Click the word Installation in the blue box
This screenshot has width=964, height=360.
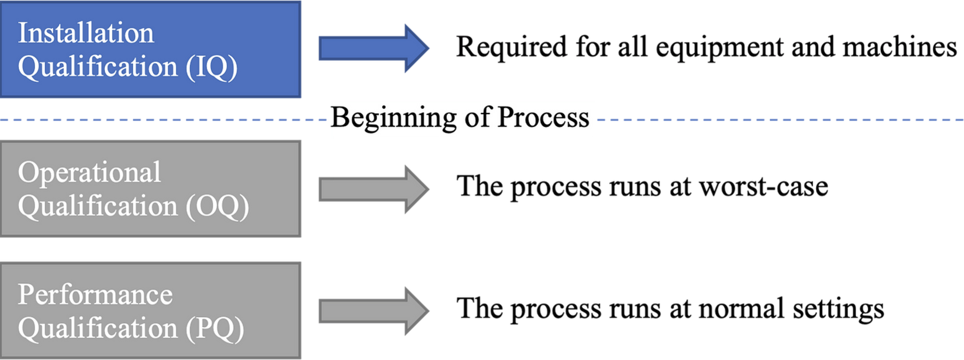point(86,33)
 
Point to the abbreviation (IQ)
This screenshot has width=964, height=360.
point(212,67)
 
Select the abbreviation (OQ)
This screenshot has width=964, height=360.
point(217,207)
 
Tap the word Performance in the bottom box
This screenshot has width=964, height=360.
point(95,295)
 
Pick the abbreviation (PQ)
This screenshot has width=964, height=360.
point(215,329)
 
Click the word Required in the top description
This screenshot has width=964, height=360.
point(511,47)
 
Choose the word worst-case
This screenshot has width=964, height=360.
point(763,187)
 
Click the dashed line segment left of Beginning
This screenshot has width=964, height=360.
point(161,120)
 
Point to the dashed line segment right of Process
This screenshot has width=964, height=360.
point(778,120)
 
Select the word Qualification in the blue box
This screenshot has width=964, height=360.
point(97,67)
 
